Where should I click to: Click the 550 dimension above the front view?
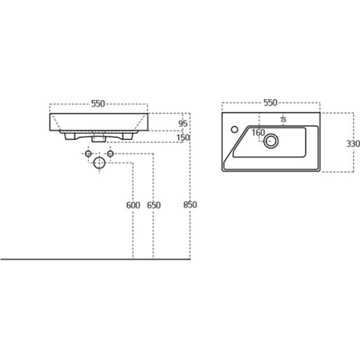coord(98,104)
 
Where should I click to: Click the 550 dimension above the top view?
coord(270,102)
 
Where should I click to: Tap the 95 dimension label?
coord(183,124)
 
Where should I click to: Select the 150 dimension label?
coord(183,138)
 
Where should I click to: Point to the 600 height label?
coord(133,205)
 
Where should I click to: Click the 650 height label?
coord(154,205)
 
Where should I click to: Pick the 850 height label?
coord(190,205)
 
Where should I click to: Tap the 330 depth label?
coord(353,144)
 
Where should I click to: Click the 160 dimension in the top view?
coord(258,133)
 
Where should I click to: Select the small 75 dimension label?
coord(284,119)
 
